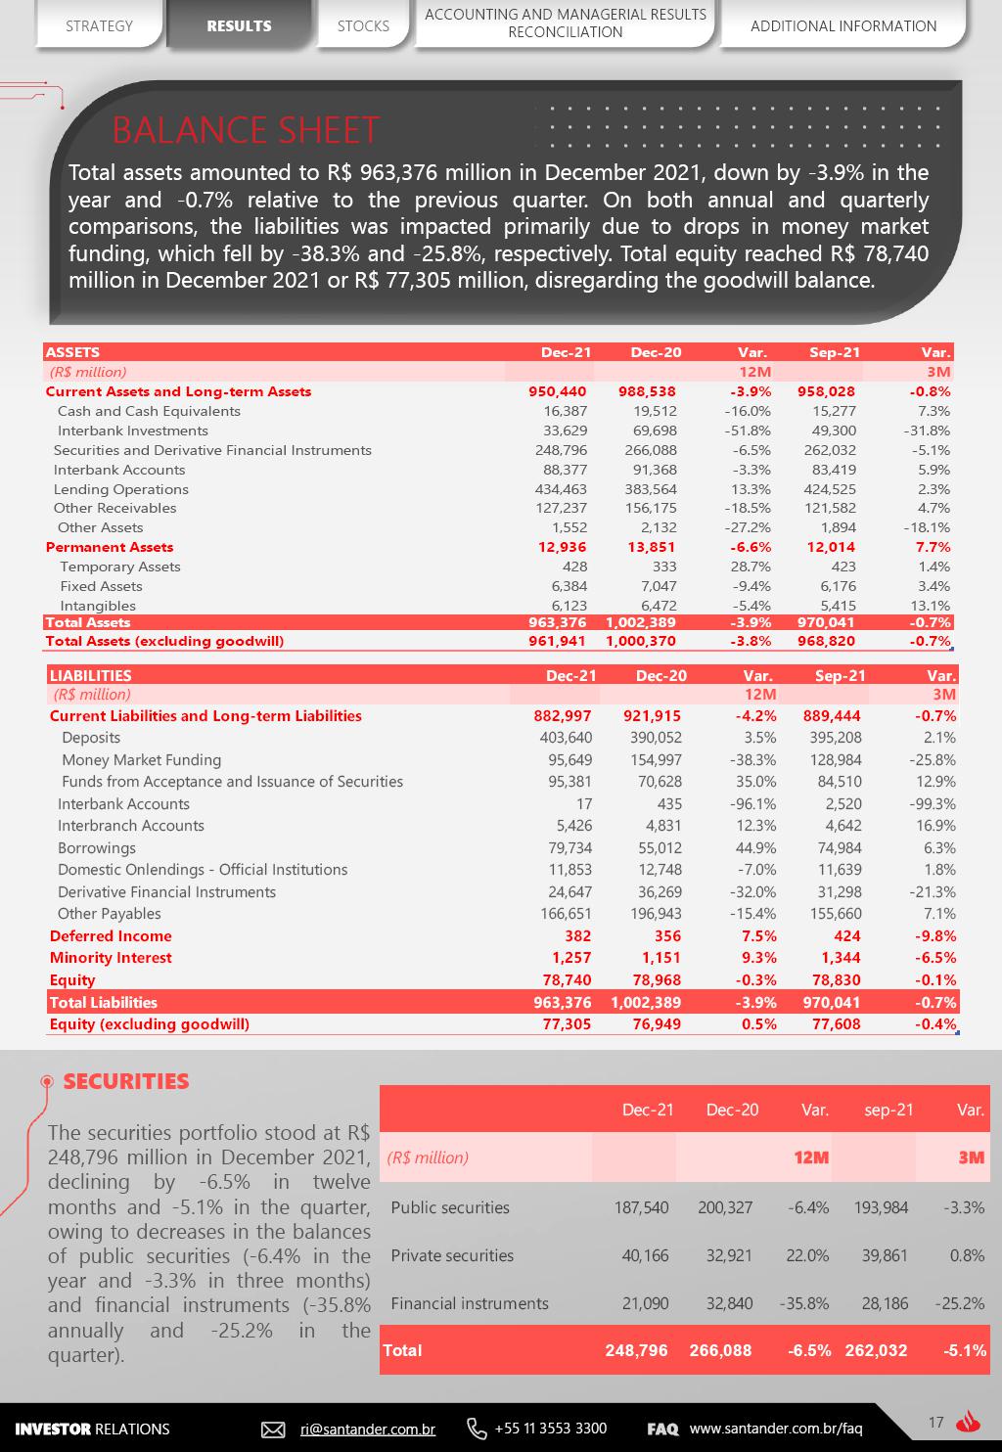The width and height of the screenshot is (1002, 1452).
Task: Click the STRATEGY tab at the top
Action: click(99, 25)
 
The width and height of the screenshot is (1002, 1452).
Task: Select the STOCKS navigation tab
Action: click(363, 25)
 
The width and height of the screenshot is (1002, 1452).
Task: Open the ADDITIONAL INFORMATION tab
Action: click(843, 25)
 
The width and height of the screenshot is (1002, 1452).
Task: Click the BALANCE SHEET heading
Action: click(246, 129)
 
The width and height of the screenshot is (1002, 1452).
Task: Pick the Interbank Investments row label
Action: click(132, 431)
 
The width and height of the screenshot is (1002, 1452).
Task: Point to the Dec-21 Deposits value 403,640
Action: click(566, 738)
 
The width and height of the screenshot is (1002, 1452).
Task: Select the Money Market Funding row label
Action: click(141, 760)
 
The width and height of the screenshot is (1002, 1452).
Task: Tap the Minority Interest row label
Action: click(111, 958)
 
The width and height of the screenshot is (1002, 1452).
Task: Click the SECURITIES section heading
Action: click(125, 1081)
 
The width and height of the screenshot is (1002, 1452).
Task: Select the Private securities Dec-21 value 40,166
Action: click(645, 1255)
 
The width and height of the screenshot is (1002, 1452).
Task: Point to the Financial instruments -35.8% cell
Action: click(807, 1303)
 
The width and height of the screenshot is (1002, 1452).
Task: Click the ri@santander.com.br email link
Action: click(367, 1429)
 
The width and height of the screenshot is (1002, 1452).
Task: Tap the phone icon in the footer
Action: click(477, 1429)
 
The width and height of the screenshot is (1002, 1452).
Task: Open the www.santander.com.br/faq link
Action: click(775, 1429)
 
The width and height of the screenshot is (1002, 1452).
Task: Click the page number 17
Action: click(935, 1423)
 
